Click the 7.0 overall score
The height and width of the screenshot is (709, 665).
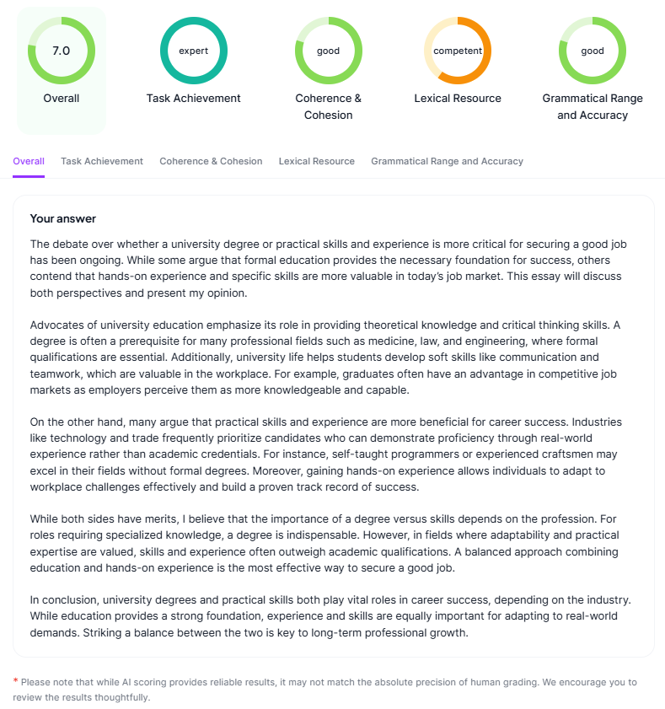(61, 51)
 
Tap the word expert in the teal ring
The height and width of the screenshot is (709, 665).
(193, 51)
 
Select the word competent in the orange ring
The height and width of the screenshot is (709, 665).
(458, 51)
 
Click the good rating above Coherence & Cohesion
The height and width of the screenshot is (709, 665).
(328, 51)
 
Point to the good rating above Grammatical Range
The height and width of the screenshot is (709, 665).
(593, 51)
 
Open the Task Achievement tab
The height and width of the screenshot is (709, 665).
(102, 161)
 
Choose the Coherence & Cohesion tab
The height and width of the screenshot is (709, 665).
(211, 161)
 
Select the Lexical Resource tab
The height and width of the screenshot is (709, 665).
(317, 161)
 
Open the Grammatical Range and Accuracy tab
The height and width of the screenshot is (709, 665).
(447, 161)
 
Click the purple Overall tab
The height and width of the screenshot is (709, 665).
(29, 161)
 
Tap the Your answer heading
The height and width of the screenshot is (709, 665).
(63, 218)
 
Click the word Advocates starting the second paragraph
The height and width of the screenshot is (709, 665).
(56, 325)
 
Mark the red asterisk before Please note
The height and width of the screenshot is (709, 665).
(15, 681)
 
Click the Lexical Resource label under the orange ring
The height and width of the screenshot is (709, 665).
(458, 99)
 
